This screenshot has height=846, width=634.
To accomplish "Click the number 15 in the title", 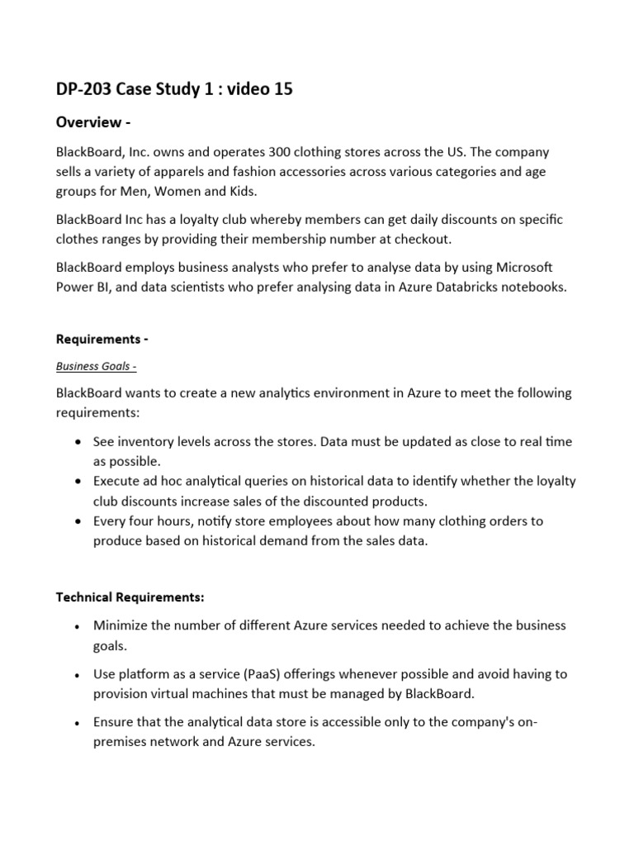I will click(281, 90).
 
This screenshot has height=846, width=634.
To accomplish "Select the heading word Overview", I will click(88, 123).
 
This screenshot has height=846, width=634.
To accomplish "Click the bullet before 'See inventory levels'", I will click(77, 442).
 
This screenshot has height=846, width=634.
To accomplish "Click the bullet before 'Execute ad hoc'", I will click(77, 482).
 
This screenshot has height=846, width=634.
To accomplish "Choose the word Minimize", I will click(121, 625).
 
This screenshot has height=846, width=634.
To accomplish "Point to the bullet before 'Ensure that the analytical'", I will click(77, 723).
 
